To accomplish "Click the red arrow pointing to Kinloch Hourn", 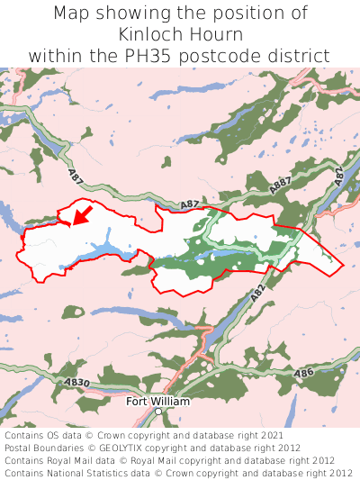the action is coord(82,215).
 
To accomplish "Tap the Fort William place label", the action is coord(157,401).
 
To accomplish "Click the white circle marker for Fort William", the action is coord(157,412).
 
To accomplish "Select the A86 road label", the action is coord(304,373).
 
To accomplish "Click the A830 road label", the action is coord(76,382).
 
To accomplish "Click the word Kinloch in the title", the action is coord(148,34).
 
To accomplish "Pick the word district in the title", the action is coord(306,56).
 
